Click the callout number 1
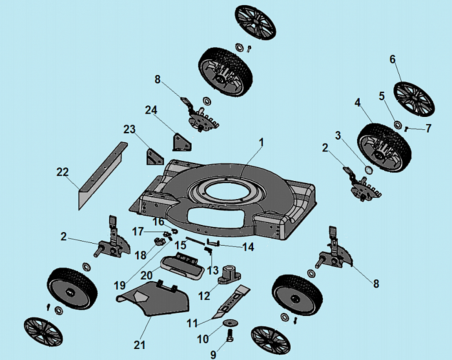(262, 141)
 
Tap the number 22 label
(63, 172)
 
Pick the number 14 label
(247, 246)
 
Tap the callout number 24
(151, 110)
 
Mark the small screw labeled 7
(407, 129)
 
